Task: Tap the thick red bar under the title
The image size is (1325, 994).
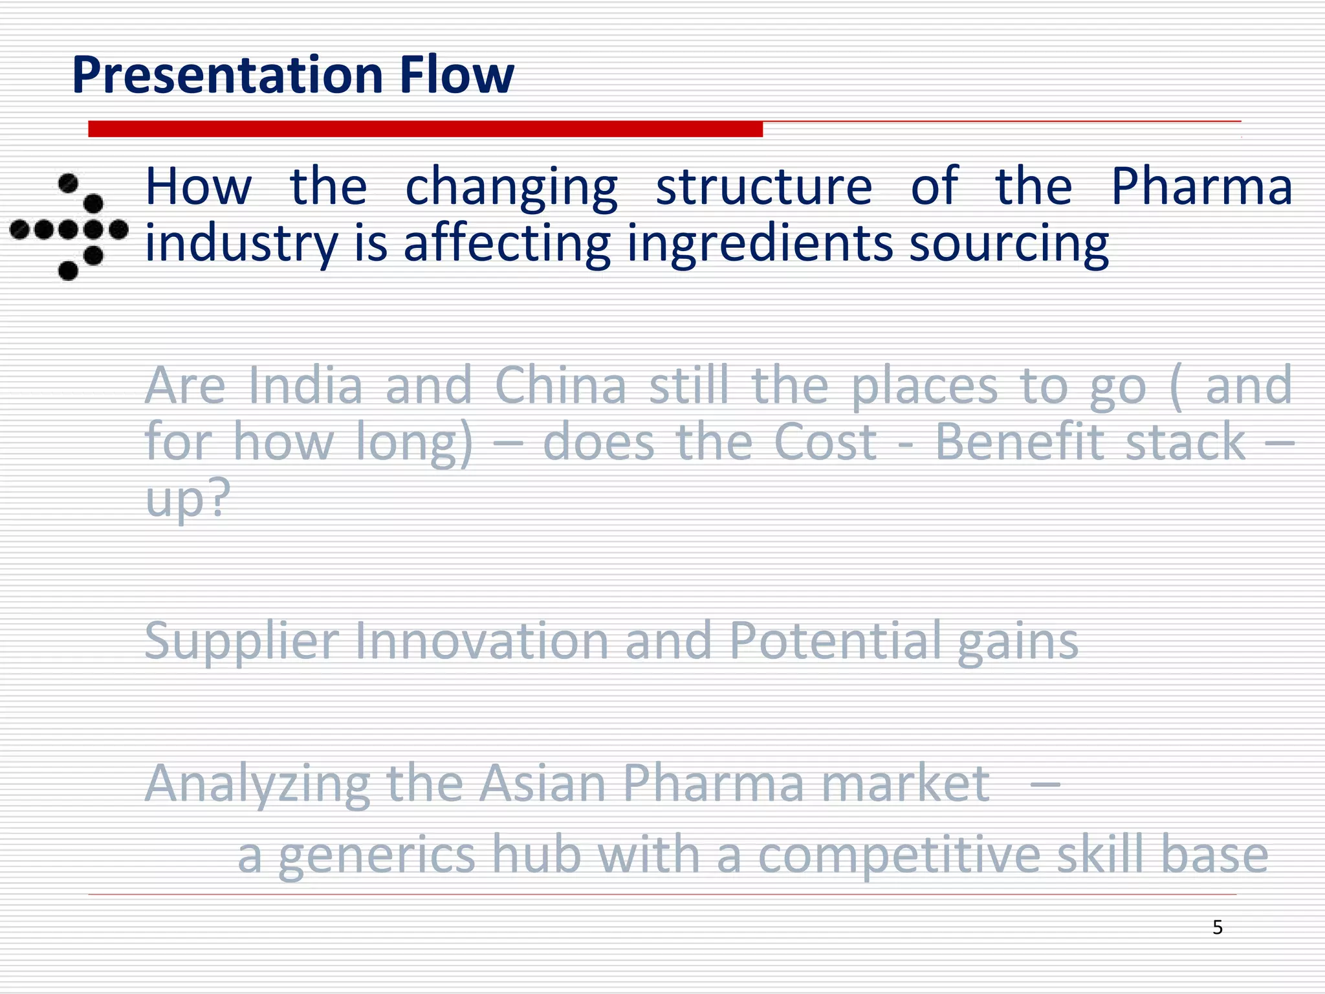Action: [425, 129]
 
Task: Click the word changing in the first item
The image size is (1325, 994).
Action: [511, 188]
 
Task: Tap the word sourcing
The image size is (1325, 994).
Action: [1009, 244]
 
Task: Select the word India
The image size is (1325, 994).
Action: [305, 386]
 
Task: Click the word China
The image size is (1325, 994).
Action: [560, 386]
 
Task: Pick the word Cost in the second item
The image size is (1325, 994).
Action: [826, 442]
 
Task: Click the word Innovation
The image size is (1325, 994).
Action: [482, 641]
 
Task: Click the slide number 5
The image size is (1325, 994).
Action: [1218, 927]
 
